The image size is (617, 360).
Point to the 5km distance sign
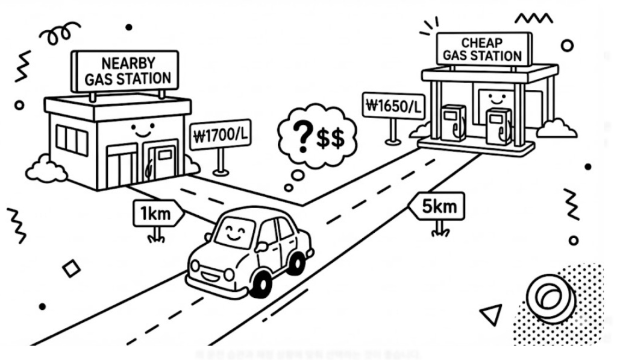pyautogui.click(x=437, y=207)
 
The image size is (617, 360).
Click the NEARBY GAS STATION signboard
pyautogui.click(x=126, y=71)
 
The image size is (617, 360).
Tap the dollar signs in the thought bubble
pyautogui.click(x=330, y=139)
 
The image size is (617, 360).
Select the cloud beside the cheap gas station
pyautogui.click(x=555, y=128)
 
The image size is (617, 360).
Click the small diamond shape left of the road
pyautogui.click(x=72, y=268)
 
